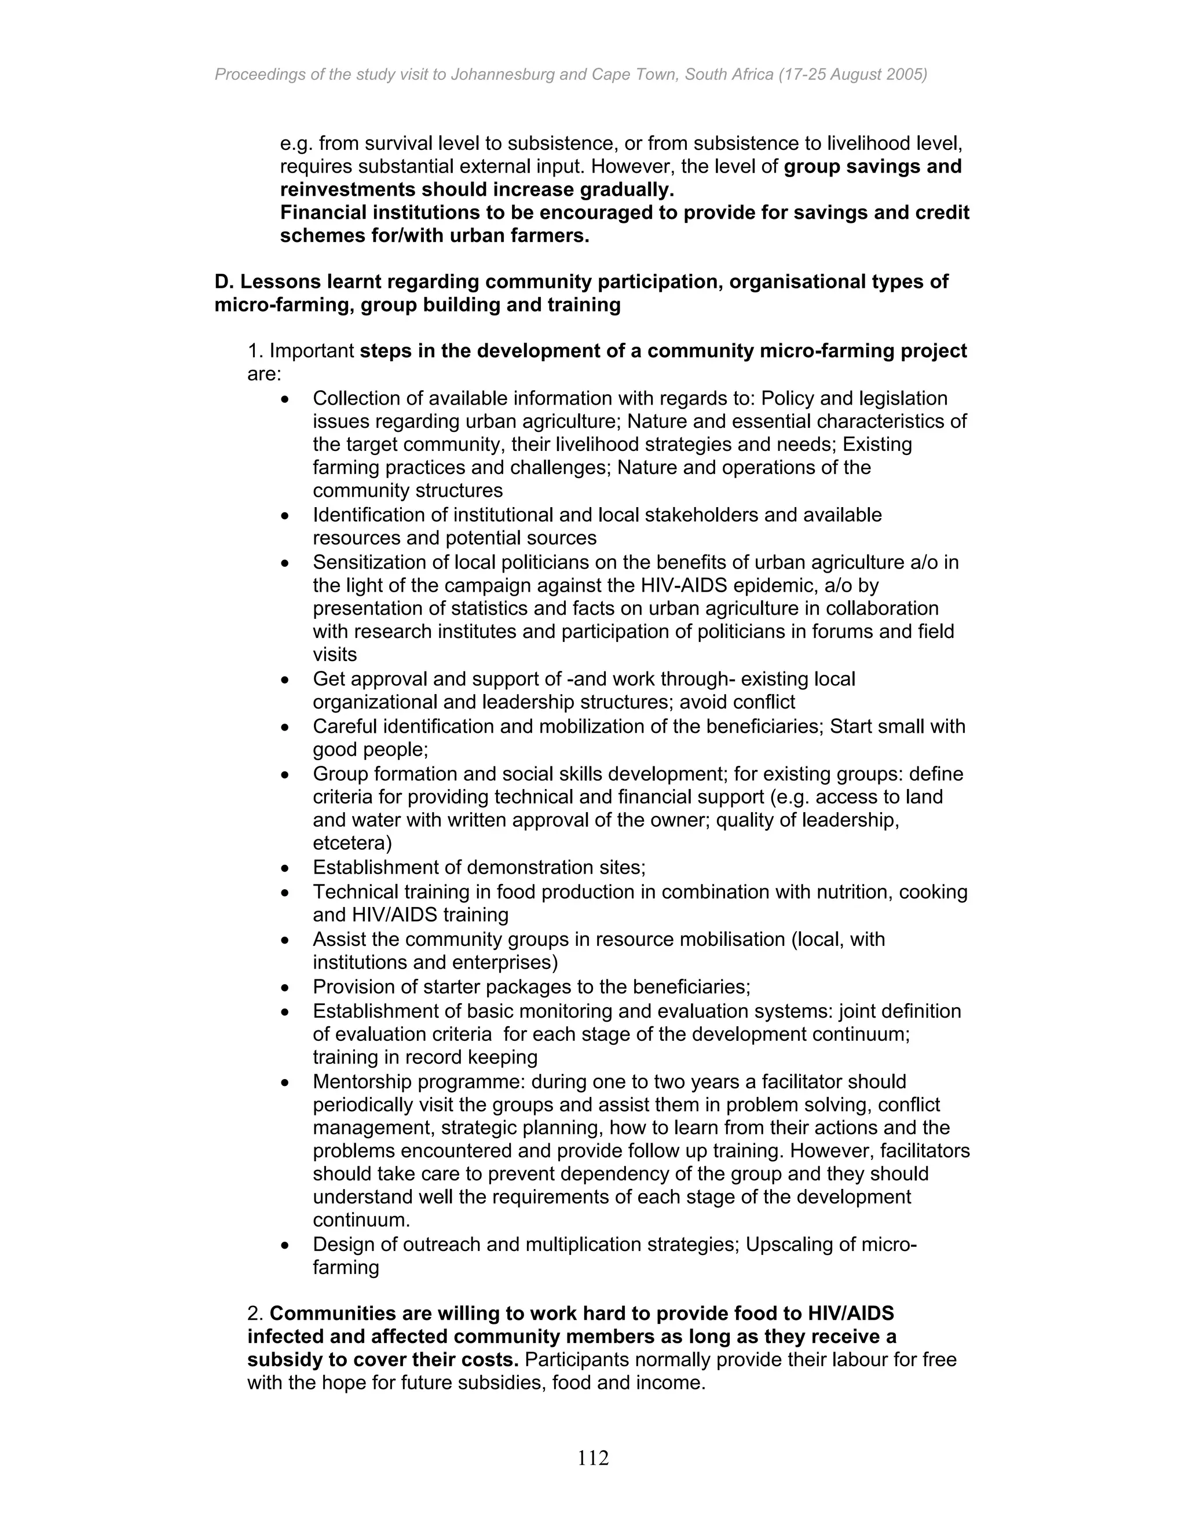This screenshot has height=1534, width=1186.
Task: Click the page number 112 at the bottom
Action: [x=593, y=1458]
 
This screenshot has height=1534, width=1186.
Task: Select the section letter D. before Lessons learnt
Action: [x=224, y=282]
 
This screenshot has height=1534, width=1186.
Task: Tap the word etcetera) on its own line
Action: [x=352, y=843]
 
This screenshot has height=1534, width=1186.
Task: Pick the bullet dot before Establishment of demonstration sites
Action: [x=284, y=869]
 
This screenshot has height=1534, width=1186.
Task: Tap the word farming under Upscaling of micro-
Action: [x=346, y=1268]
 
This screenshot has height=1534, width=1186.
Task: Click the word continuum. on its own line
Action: [x=361, y=1221]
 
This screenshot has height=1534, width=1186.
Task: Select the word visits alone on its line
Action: [x=335, y=655]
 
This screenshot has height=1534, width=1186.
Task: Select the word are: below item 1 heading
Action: [x=263, y=375]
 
